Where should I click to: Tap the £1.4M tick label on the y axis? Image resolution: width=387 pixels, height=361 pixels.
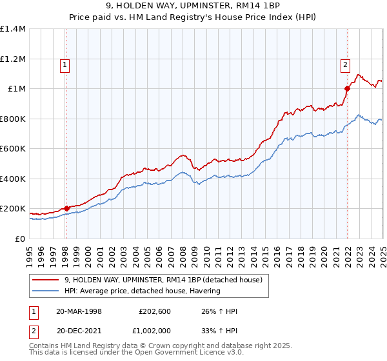point(13,29)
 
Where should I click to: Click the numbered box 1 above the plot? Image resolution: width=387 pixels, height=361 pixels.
point(66,64)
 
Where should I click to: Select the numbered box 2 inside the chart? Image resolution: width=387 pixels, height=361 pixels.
point(345,64)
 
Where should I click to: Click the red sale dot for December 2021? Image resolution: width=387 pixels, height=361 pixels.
point(347,88)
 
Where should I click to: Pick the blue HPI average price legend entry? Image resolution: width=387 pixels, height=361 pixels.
point(142,291)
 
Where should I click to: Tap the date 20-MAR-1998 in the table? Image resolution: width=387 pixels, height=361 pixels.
point(79,311)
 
